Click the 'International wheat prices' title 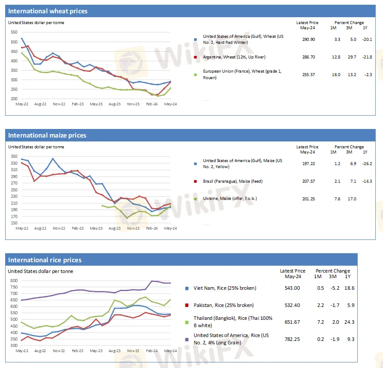point(48,11)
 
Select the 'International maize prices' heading point(47,135)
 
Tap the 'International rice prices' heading point(45,260)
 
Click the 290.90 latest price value point(308,39)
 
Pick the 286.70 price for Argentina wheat point(308,57)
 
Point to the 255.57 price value point(308,74)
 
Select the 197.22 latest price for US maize point(308,163)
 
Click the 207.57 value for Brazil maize point(308,181)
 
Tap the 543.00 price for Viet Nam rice point(293,288)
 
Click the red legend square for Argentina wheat point(196,57)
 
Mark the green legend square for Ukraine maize point(196,199)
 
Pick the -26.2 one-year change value point(367,163)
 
